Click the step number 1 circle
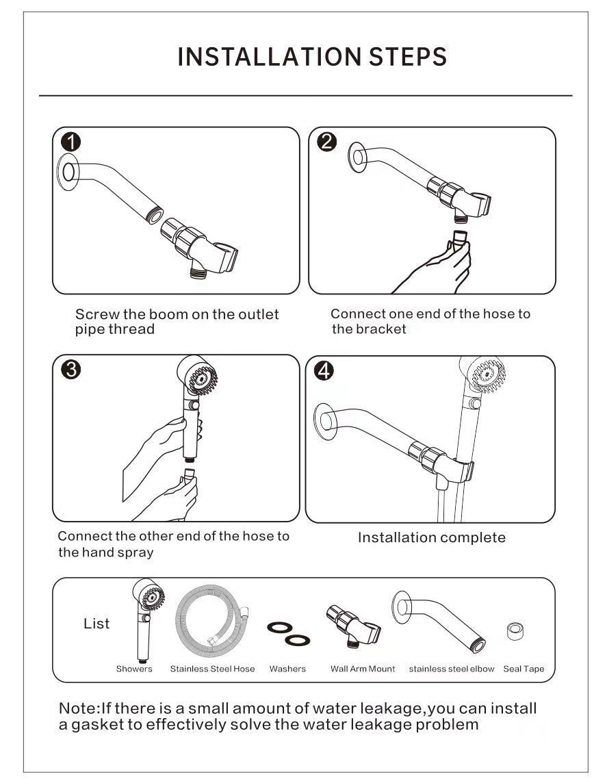(x=70, y=142)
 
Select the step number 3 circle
(x=70, y=370)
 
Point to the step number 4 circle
(x=324, y=370)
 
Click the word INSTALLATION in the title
(x=268, y=56)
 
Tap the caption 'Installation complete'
(x=431, y=537)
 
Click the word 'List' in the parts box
(x=96, y=624)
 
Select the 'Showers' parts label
(x=134, y=669)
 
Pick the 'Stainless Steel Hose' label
(x=212, y=669)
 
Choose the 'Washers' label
(x=287, y=669)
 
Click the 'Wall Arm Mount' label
(x=363, y=669)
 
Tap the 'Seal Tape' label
(x=524, y=669)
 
